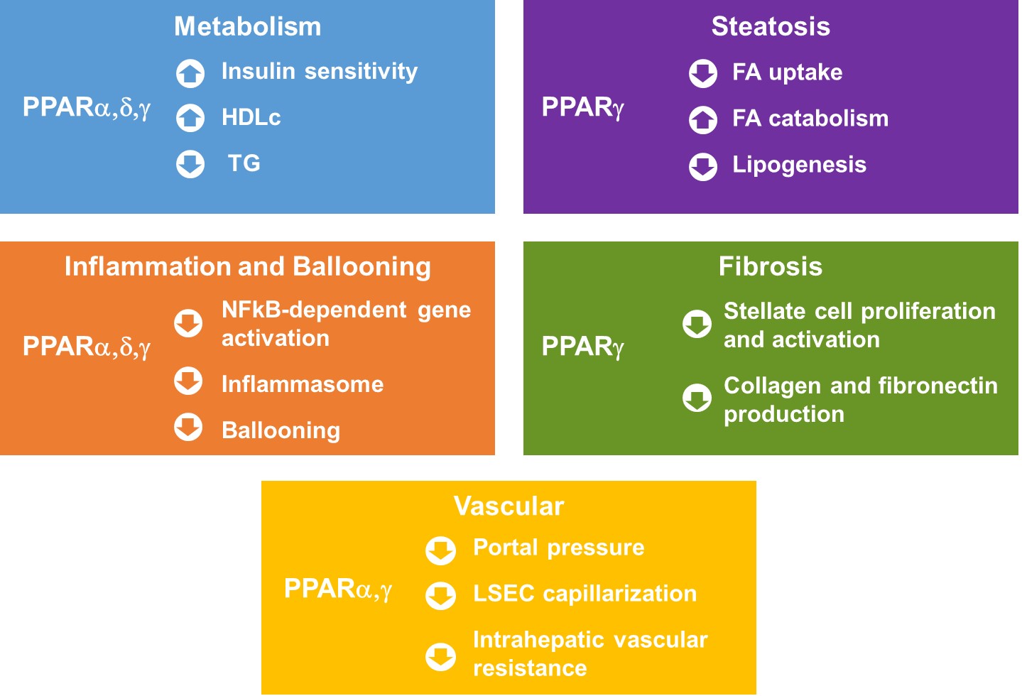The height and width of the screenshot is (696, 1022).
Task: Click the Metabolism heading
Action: coord(248,26)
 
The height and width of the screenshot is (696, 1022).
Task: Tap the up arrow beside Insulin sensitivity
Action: coord(190,73)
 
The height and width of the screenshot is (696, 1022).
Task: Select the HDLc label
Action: coord(251,117)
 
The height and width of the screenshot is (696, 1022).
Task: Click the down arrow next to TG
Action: coord(190,164)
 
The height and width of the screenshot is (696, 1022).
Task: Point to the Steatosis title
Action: coord(771,26)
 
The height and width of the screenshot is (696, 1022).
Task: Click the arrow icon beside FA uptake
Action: coord(703,73)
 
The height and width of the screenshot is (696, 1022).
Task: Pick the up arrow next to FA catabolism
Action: coord(703,120)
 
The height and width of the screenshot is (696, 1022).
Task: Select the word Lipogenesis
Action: coord(800,165)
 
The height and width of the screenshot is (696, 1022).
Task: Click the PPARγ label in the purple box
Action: coord(582,108)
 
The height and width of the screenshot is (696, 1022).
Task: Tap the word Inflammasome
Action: coord(303,384)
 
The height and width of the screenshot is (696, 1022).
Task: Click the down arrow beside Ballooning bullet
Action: coord(188,428)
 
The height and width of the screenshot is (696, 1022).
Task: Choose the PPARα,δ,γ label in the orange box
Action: coord(87,347)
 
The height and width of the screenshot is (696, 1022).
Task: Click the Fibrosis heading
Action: coord(771,266)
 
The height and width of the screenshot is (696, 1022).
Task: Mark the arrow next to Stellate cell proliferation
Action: coord(697,324)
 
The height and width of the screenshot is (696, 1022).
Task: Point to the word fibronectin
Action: coord(937,386)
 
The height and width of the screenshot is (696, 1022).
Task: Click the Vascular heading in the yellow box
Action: coord(509,506)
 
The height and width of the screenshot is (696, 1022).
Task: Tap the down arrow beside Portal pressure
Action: coord(440,550)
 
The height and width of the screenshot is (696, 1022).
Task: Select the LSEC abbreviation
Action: coord(504,594)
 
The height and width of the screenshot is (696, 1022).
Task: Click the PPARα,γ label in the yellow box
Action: coord(338,589)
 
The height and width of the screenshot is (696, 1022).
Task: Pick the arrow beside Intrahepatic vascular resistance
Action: coord(440,657)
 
